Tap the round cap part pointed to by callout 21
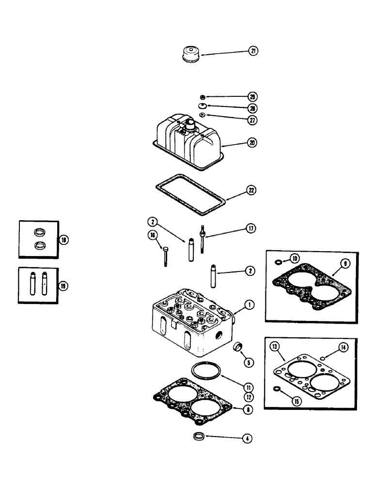pos(188,54)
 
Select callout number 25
pos(252,96)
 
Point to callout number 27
pos(252,120)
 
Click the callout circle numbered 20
pos(252,143)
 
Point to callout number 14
pos(344,347)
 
